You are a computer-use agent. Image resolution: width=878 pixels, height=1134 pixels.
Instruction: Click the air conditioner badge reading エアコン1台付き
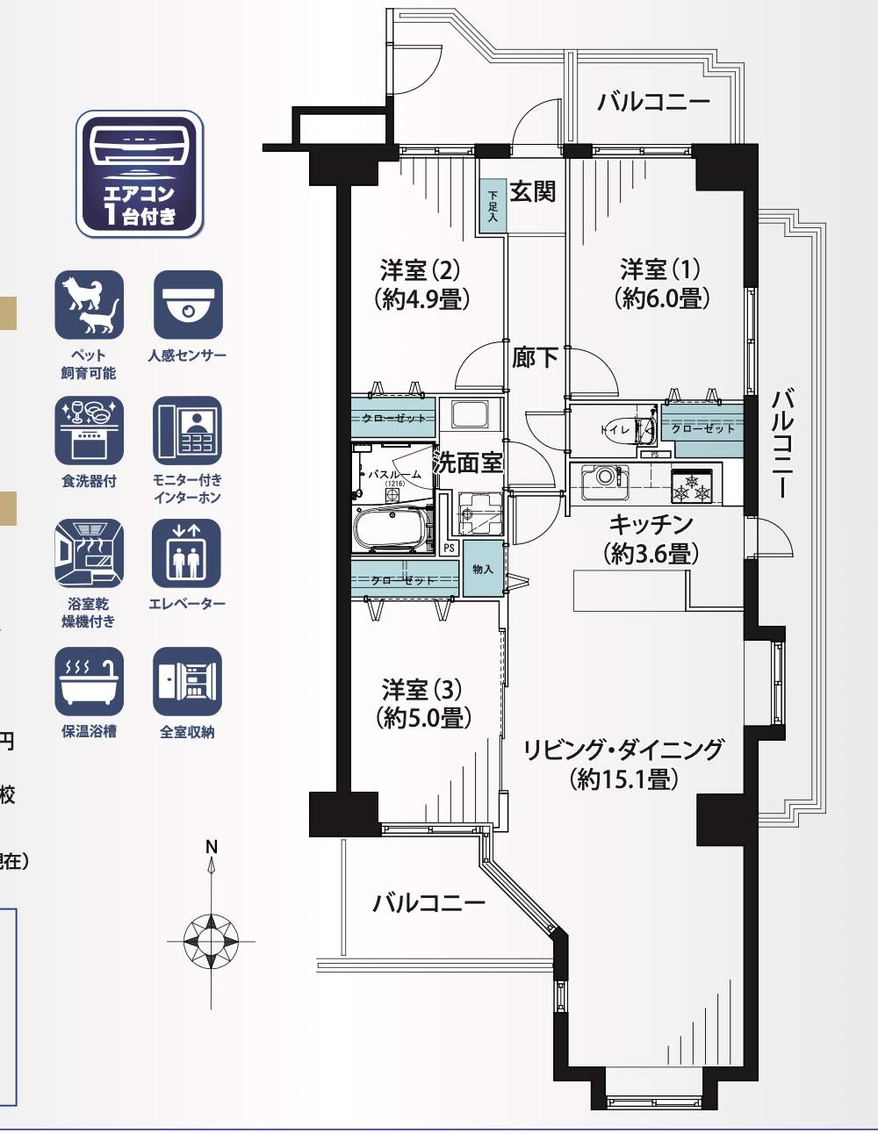click(140, 174)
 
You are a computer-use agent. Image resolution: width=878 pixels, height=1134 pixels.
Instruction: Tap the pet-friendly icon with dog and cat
click(89, 305)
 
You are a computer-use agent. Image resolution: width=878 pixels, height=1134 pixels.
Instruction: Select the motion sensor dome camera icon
click(187, 305)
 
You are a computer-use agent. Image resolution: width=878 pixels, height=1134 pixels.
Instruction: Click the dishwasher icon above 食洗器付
click(89, 430)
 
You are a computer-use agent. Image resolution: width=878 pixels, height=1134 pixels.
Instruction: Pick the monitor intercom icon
click(187, 430)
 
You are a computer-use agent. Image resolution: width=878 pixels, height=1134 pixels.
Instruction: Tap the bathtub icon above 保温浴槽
click(89, 681)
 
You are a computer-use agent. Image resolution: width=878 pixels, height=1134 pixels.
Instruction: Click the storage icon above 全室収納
click(187, 681)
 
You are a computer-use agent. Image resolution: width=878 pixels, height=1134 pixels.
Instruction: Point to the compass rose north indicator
click(211, 939)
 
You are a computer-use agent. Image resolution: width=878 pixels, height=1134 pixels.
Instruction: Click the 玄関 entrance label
click(532, 191)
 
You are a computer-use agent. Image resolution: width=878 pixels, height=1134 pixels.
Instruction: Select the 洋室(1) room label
click(660, 269)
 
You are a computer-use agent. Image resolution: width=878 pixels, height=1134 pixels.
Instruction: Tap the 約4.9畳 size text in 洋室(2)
click(421, 299)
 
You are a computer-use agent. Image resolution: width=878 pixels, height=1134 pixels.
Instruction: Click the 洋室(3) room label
click(422, 689)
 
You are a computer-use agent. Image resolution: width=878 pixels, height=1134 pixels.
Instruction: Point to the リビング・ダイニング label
click(623, 750)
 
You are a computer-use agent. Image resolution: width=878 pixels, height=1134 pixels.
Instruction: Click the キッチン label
click(651, 524)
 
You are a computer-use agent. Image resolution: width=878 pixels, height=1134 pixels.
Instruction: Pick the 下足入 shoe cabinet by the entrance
click(493, 206)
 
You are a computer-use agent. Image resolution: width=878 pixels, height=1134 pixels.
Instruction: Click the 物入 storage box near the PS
click(483, 570)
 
